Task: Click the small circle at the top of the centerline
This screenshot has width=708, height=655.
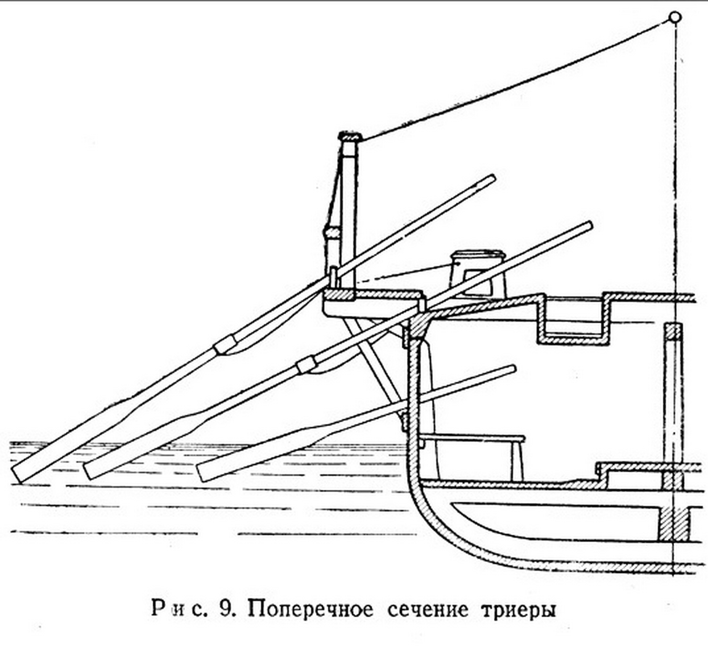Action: pos(675,17)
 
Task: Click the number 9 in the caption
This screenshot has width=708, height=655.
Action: pos(225,609)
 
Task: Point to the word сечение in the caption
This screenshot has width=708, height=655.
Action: pos(428,609)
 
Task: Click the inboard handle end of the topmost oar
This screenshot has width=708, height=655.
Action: pos(491,178)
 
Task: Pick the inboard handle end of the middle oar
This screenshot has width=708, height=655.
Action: pos(588,226)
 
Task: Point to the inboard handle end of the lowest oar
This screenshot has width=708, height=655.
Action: pos(512,369)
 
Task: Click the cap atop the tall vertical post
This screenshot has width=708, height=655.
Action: pos(350,137)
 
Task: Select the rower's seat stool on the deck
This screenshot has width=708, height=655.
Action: pos(478,274)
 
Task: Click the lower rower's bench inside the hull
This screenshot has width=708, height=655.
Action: pos(472,439)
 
